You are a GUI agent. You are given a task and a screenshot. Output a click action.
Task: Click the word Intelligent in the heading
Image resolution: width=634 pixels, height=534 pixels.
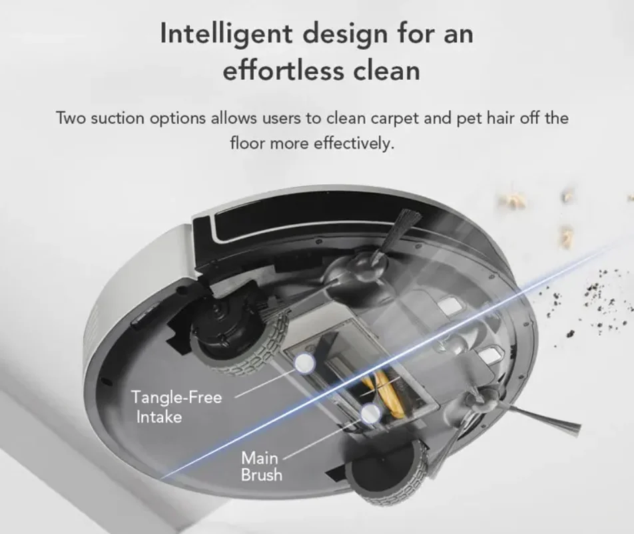pos(226,34)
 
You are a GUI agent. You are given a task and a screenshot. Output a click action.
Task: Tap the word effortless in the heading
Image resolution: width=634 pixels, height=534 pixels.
pos(283,70)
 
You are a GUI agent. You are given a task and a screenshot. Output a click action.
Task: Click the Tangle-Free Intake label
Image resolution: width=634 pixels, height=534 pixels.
pos(176,407)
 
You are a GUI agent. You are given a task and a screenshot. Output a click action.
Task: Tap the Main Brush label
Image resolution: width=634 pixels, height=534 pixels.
pos(261,466)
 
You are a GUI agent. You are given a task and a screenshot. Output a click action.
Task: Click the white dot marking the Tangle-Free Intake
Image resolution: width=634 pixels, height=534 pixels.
pos(305,362)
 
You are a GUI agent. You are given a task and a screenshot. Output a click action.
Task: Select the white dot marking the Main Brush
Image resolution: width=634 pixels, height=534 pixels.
pos(370,414)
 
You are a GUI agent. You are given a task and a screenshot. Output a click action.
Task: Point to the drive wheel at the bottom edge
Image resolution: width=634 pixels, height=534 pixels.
pos(386,472)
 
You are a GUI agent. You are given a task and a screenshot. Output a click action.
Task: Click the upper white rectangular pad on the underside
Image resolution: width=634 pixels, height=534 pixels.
pos(452,305)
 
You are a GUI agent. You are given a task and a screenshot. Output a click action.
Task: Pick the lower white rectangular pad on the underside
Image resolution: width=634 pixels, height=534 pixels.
pos(491,356)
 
